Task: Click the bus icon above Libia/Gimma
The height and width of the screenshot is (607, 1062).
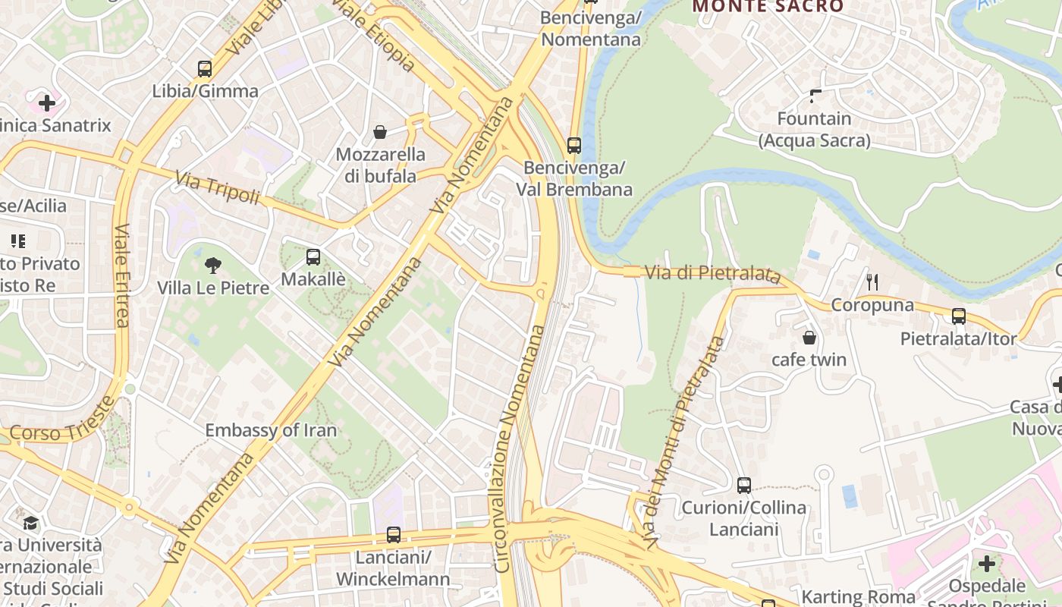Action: pyautogui.click(x=204, y=69)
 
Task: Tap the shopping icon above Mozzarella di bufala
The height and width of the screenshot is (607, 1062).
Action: pyautogui.click(x=380, y=133)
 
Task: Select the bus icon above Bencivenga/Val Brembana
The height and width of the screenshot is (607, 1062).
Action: pyautogui.click(x=574, y=145)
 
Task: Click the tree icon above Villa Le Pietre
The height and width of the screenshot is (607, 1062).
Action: pyautogui.click(x=213, y=266)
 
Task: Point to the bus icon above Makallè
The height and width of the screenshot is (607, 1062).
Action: pyautogui.click(x=313, y=257)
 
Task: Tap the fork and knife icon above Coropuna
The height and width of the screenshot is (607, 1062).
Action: pyautogui.click(x=872, y=282)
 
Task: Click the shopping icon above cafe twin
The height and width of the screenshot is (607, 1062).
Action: pyautogui.click(x=809, y=337)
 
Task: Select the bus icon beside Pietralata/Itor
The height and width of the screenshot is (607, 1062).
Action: pyautogui.click(x=959, y=316)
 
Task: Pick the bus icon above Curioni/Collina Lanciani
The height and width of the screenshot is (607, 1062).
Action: pyautogui.click(x=744, y=486)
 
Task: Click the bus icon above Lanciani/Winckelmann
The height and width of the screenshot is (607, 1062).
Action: pyautogui.click(x=393, y=535)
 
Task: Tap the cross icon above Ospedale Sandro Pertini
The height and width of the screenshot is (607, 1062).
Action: pyautogui.click(x=986, y=564)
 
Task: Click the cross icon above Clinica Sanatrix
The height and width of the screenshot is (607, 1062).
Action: pyautogui.click(x=47, y=102)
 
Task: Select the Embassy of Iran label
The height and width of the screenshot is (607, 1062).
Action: pyautogui.click(x=271, y=430)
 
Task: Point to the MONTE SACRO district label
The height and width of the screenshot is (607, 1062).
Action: pyautogui.click(x=768, y=7)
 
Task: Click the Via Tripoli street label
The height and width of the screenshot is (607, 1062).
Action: pyautogui.click(x=218, y=188)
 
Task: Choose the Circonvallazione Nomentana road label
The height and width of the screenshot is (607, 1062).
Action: pyautogui.click(x=520, y=448)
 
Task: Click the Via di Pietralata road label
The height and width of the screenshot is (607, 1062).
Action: pyautogui.click(x=712, y=273)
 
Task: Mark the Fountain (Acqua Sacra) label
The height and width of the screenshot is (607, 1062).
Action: pyautogui.click(x=815, y=129)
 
